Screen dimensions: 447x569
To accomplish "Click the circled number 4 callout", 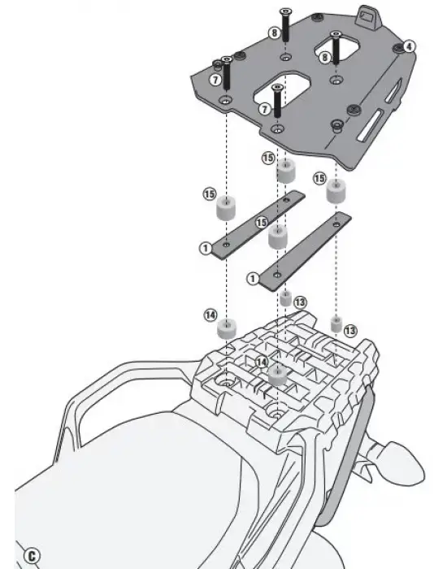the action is coord(409,46).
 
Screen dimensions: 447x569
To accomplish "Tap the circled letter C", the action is coord(32,556).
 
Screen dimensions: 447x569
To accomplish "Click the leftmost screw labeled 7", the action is coord(227,74).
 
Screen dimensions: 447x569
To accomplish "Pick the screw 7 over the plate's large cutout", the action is coord(277,101).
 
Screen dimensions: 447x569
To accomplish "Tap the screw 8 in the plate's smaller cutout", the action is coord(336,48).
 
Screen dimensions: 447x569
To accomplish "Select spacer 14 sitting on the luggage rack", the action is coord(278,376).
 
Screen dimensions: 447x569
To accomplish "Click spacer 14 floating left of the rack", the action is coord(227,328).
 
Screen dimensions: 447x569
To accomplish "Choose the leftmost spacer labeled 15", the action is coord(226,208).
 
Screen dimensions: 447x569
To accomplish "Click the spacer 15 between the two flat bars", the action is coord(278,237).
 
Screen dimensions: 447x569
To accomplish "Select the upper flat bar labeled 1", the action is coord(258,224).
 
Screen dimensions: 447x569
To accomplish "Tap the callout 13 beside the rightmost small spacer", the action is coord(350,331).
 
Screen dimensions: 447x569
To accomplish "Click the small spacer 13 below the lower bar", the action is coord(286,298).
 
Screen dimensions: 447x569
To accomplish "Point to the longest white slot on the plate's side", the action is coord(369,125).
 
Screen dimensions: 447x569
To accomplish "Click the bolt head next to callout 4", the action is coord(399,48).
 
